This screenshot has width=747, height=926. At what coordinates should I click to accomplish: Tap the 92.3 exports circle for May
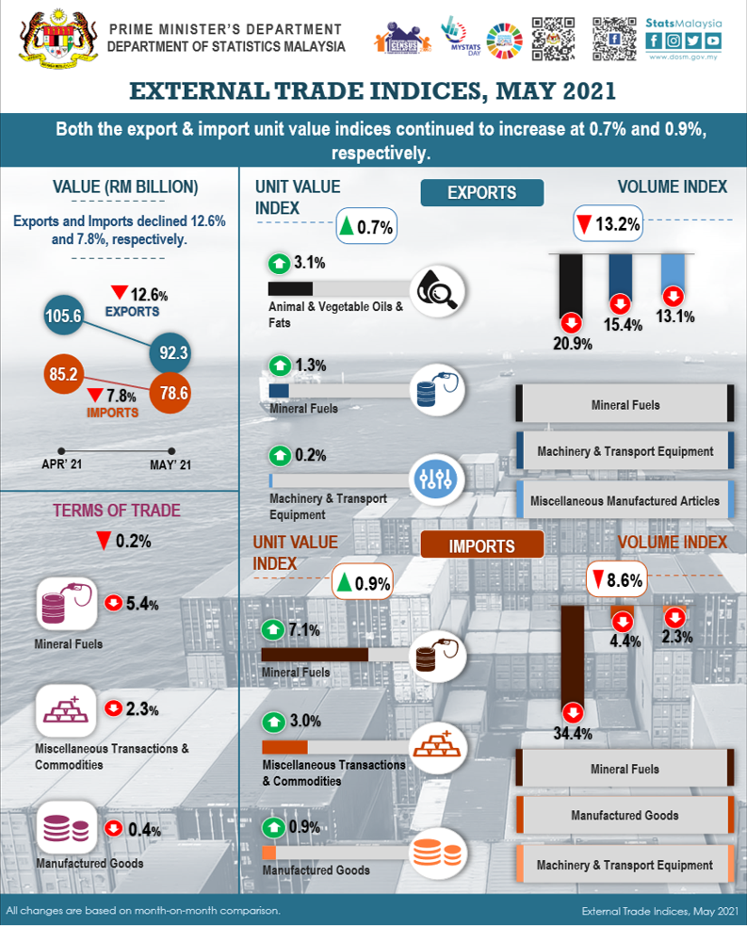[x=175, y=354]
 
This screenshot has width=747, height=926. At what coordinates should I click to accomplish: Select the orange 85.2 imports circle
[x=65, y=375]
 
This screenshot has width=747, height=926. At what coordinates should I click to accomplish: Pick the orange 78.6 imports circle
[x=170, y=394]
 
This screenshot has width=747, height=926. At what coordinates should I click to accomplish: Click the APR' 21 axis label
[x=63, y=464]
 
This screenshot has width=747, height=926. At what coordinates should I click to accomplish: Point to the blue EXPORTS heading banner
[x=481, y=193]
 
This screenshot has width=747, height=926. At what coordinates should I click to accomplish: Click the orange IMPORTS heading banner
[x=481, y=545]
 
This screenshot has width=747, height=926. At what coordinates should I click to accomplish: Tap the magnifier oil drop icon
[x=439, y=291]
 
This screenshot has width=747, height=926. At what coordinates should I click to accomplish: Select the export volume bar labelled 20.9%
[x=571, y=286]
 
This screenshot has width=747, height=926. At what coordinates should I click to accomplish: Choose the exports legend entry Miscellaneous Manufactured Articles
[x=625, y=501]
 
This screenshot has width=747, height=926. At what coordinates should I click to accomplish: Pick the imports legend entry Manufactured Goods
[x=625, y=815]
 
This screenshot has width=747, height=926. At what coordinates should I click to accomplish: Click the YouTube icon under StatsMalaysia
[x=713, y=41]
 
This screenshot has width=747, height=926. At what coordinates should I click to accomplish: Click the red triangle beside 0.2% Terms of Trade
[x=104, y=542]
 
